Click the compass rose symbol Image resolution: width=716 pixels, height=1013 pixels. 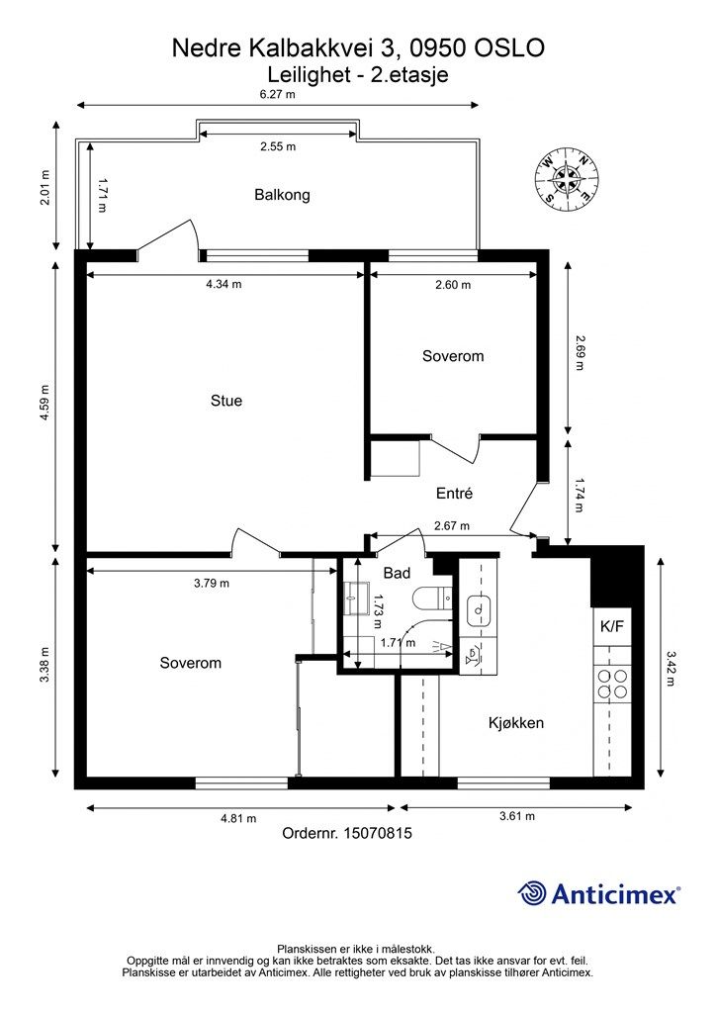pyautogui.click(x=568, y=178)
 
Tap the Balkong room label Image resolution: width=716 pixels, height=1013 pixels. pyautogui.click(x=282, y=195)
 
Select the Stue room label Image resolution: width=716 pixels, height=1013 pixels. pyautogui.click(x=226, y=401)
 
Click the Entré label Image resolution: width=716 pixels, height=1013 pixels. pyautogui.click(x=454, y=493)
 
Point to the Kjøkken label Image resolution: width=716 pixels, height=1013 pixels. pyautogui.click(x=516, y=723)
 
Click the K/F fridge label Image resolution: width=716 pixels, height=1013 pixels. pyautogui.click(x=612, y=626)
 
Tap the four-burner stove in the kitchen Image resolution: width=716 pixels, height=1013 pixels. pyautogui.click(x=612, y=685)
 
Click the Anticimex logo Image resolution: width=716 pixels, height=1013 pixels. pyautogui.click(x=598, y=893)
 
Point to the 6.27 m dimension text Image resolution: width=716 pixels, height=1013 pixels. pyautogui.click(x=278, y=94)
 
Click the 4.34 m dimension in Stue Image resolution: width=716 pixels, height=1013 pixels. pyautogui.click(x=224, y=284)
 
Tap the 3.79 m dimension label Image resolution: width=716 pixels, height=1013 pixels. pyautogui.click(x=212, y=584)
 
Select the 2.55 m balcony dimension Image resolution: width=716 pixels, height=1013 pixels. pyautogui.click(x=278, y=146)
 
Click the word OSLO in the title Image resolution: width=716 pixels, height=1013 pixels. pyautogui.click(x=510, y=47)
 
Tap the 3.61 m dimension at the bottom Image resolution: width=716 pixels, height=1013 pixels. pyautogui.click(x=517, y=816)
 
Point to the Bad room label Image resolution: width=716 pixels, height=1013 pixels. pyautogui.click(x=397, y=573)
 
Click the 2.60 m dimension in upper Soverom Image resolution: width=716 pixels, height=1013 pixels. pyautogui.click(x=453, y=285)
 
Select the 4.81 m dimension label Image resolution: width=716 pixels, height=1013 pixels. pyautogui.click(x=238, y=818)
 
